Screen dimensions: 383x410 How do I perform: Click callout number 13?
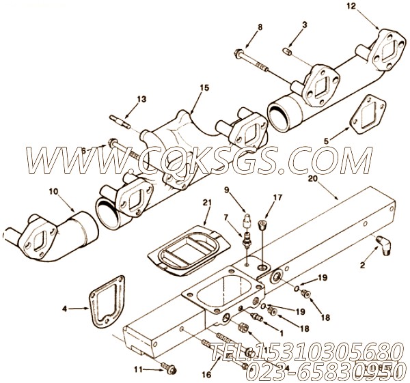(141, 99)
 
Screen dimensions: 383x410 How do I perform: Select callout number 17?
(277, 197)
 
